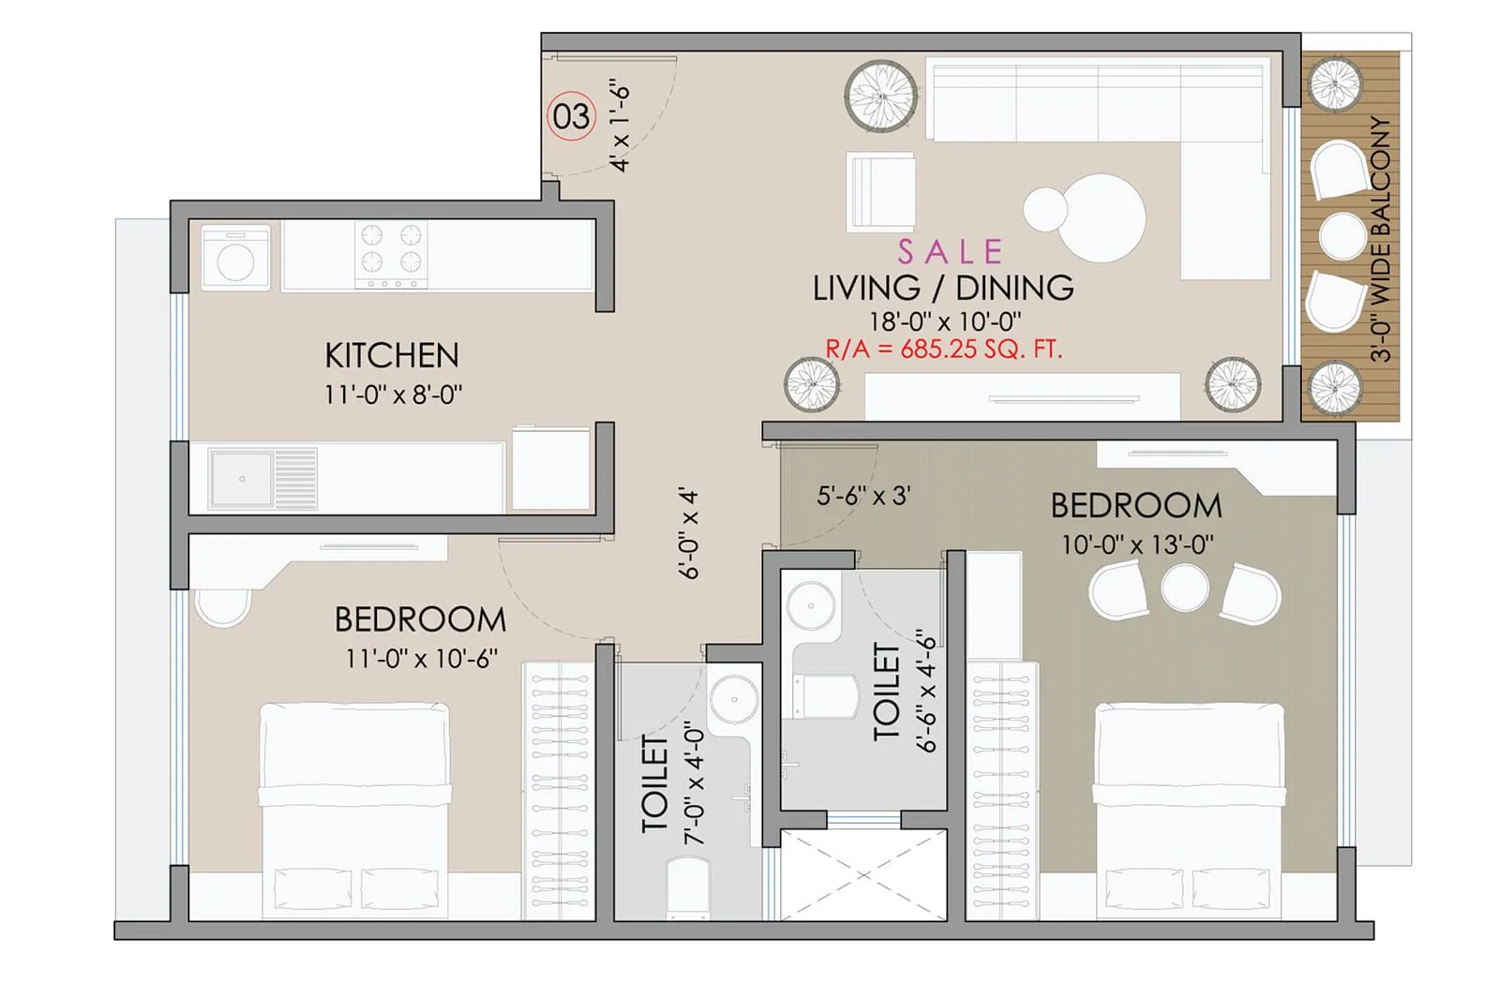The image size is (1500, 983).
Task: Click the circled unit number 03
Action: click(571, 117)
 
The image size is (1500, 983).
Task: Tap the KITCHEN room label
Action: click(392, 356)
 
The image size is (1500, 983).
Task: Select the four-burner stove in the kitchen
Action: click(391, 255)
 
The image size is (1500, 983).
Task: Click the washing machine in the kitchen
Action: click(235, 257)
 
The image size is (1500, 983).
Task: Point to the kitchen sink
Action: click(241, 479)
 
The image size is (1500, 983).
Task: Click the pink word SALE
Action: click(950, 251)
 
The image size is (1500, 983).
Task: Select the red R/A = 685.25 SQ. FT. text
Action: click(943, 350)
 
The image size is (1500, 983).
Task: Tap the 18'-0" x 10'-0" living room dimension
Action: click(944, 321)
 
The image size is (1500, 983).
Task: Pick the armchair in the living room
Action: click(880, 190)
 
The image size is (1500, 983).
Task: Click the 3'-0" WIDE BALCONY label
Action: click(1381, 239)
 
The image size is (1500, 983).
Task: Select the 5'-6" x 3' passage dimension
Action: click(863, 495)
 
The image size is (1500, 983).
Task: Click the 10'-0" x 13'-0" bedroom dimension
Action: click(1136, 544)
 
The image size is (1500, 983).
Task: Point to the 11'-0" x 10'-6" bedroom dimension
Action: click(421, 659)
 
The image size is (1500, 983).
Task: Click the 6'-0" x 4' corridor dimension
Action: click(690, 532)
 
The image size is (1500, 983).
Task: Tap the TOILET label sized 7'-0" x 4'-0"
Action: click(654, 784)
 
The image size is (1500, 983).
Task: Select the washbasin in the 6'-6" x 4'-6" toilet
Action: click(810, 604)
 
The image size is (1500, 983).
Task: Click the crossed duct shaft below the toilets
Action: click(862, 875)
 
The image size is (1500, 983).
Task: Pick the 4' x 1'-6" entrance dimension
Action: click(620, 125)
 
